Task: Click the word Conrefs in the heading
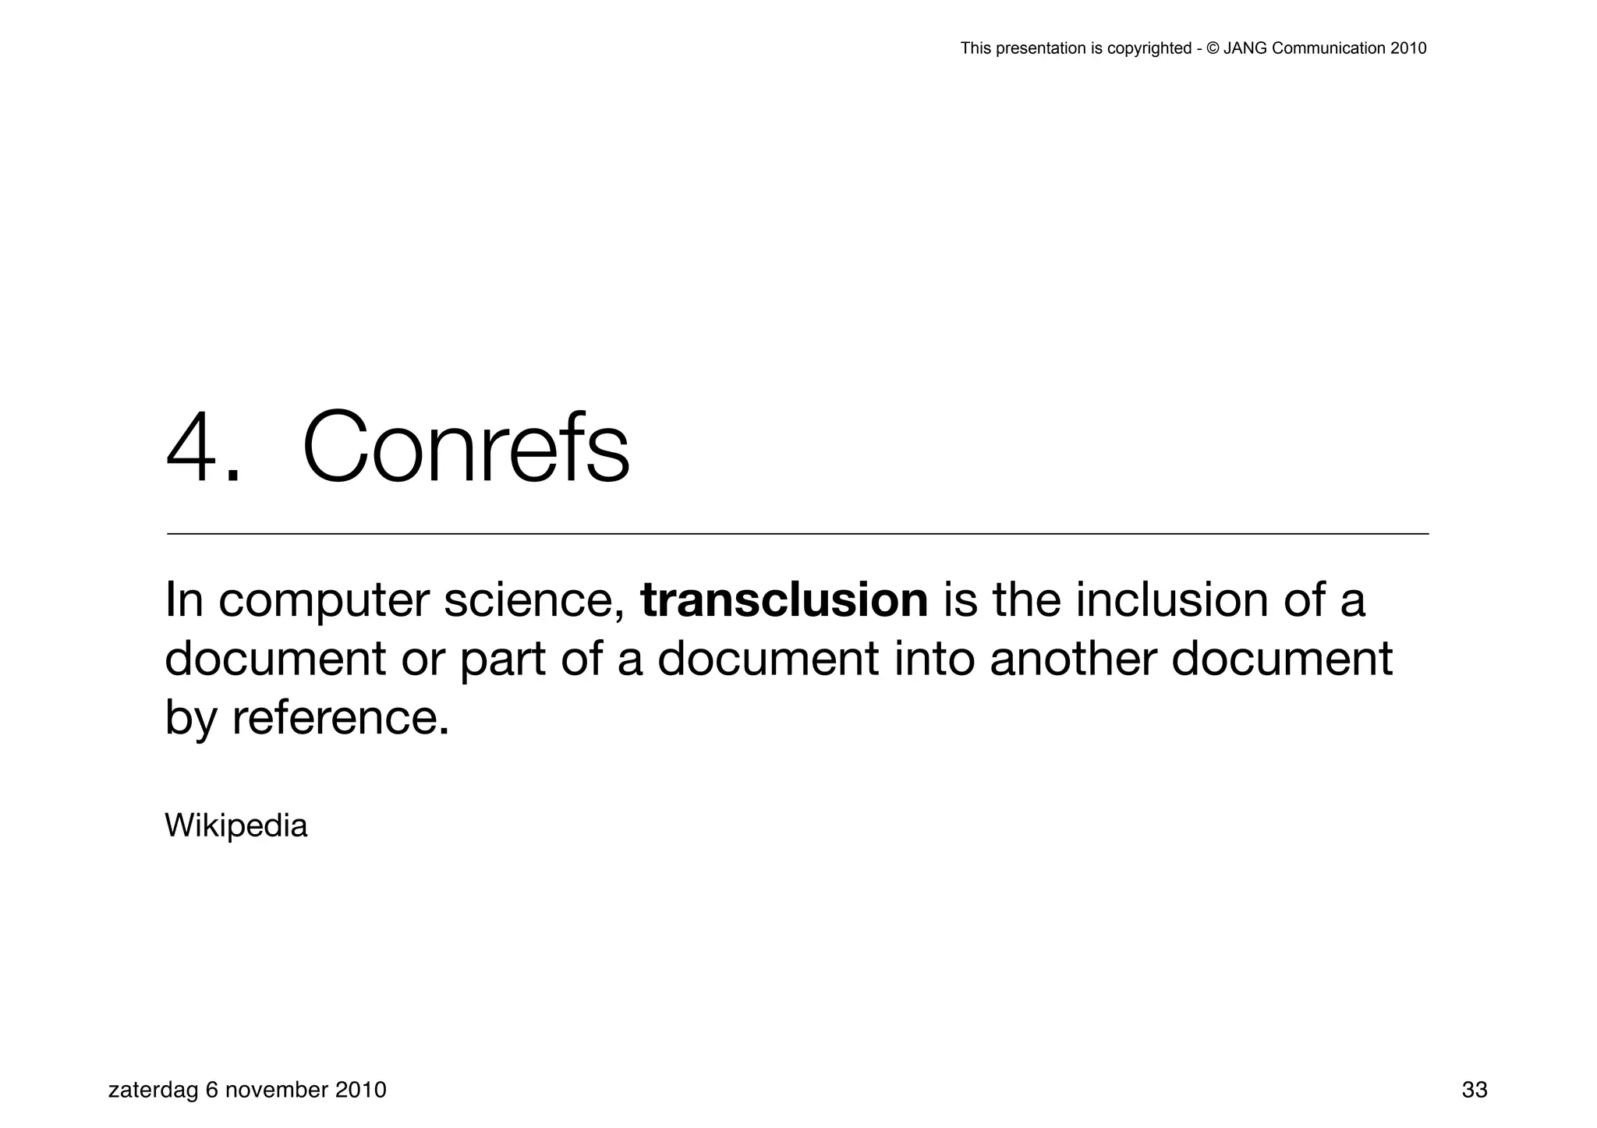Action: click(466, 448)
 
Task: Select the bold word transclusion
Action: click(784, 600)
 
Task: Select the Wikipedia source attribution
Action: click(236, 826)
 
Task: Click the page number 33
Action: click(1474, 1090)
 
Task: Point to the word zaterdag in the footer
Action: click(153, 1090)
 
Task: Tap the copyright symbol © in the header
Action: click(1213, 48)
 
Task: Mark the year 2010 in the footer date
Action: click(360, 1090)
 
